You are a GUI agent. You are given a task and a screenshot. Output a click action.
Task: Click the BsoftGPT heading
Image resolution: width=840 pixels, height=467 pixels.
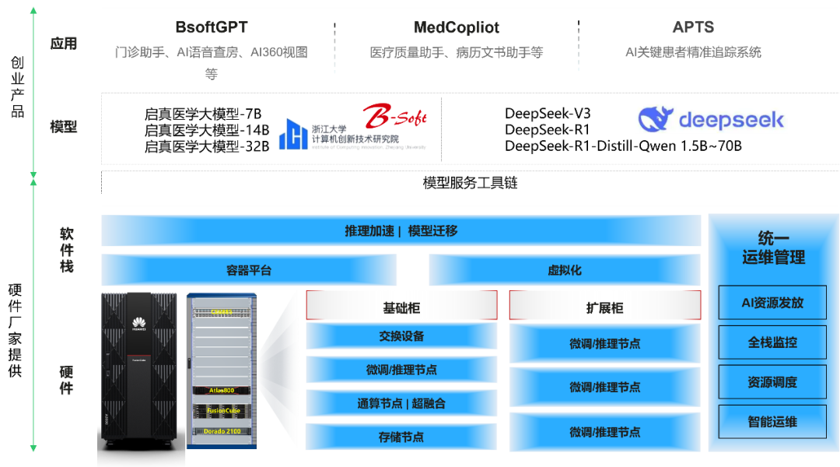click(211, 27)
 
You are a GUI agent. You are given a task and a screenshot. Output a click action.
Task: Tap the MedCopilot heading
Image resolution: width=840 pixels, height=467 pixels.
click(457, 28)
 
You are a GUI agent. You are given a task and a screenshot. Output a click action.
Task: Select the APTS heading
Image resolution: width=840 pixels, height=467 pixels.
click(693, 27)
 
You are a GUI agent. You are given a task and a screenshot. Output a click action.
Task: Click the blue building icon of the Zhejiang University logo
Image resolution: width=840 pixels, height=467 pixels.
click(293, 134)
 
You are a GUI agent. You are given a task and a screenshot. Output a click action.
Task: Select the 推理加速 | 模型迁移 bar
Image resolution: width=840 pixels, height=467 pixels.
click(401, 231)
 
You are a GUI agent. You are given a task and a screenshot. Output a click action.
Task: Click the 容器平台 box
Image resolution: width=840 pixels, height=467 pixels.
click(249, 270)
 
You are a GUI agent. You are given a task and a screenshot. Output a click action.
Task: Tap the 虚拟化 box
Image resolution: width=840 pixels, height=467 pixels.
click(564, 270)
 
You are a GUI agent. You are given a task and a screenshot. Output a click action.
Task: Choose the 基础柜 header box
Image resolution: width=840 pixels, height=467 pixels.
click(401, 307)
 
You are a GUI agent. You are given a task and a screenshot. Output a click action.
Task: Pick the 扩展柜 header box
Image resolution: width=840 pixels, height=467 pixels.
click(604, 307)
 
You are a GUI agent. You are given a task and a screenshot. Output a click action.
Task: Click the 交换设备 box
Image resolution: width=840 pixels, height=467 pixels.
click(401, 336)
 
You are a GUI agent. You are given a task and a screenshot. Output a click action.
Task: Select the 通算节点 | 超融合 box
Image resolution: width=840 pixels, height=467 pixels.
click(401, 403)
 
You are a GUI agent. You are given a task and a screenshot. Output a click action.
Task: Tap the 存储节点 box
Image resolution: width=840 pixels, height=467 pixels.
click(401, 437)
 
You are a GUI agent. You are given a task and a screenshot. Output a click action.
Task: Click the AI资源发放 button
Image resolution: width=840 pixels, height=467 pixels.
click(772, 303)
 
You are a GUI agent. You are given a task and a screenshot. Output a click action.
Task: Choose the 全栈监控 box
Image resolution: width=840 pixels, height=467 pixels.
click(772, 342)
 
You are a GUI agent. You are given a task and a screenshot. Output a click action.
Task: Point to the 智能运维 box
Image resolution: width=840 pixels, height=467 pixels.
click(772, 422)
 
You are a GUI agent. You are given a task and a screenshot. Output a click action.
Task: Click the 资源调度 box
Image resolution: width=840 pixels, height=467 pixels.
click(772, 382)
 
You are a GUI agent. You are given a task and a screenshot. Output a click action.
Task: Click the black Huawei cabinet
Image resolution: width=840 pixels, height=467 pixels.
click(141, 374)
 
